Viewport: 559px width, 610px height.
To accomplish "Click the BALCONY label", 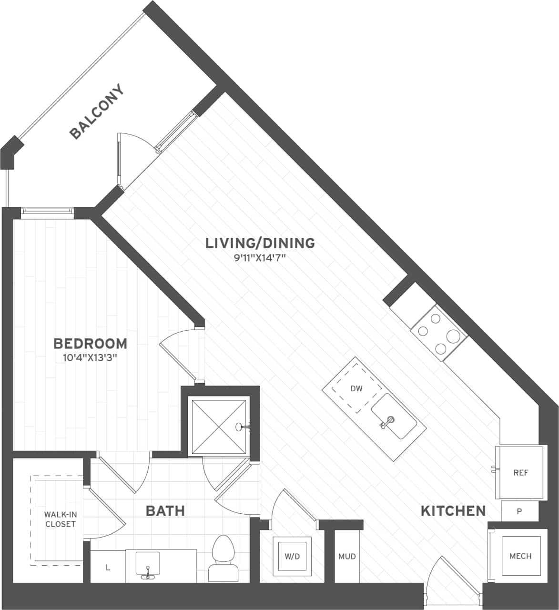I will [97, 112].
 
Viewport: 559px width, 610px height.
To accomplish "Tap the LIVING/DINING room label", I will [260, 243].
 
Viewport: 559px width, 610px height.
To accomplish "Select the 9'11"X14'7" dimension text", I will [260, 259].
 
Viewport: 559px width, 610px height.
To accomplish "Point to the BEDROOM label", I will [90, 343].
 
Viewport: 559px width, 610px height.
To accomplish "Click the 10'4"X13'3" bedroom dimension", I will [90, 357].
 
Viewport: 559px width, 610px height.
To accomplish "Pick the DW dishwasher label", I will [356, 388].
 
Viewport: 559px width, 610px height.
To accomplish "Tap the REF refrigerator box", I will [520, 472].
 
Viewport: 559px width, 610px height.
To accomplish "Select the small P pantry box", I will [519, 511].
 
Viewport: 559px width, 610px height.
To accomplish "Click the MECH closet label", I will [520, 556].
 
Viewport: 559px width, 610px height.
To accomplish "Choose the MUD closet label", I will [346, 556].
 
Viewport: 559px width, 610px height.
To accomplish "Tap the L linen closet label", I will [108, 567].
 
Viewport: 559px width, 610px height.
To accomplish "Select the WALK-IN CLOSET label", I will [60, 519].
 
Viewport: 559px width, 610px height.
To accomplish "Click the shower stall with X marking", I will [219, 427].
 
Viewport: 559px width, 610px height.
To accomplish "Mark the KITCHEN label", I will [453, 511].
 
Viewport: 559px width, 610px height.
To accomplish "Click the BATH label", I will [165, 511].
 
